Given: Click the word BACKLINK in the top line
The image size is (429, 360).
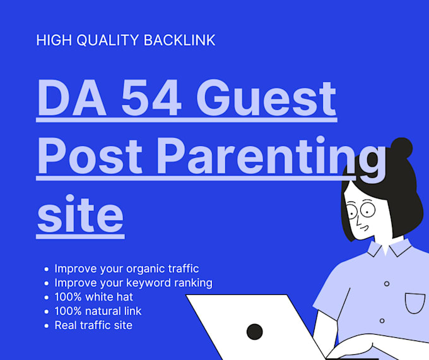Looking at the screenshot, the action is (179, 40).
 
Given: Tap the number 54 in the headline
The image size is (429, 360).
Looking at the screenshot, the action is (151, 97).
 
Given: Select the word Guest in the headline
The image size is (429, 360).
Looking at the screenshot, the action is (266, 97).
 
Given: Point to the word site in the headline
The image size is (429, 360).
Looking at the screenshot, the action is (81, 213).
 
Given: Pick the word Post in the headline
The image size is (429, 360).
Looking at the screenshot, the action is (90, 155).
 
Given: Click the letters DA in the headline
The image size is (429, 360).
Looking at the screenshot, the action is (72, 97).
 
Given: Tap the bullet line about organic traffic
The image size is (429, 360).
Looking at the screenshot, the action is (127, 269).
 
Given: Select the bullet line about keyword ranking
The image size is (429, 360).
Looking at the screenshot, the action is (134, 283).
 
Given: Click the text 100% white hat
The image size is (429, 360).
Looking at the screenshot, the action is (94, 297).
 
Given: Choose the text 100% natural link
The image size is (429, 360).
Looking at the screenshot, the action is (98, 311).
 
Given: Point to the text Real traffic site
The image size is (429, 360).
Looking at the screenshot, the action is (93, 325).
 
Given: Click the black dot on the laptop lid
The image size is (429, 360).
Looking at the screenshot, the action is (255, 332).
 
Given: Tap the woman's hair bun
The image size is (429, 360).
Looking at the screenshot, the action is (401, 148).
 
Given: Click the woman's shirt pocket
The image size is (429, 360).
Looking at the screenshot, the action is (415, 303).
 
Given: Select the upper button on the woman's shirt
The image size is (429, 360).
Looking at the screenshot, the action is (387, 284).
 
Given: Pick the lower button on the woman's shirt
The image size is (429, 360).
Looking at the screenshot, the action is (382, 321).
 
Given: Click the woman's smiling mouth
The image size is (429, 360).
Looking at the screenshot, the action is (364, 227).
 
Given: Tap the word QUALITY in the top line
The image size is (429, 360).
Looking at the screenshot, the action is (108, 40).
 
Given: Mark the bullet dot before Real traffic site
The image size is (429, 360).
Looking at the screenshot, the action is (47, 326).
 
